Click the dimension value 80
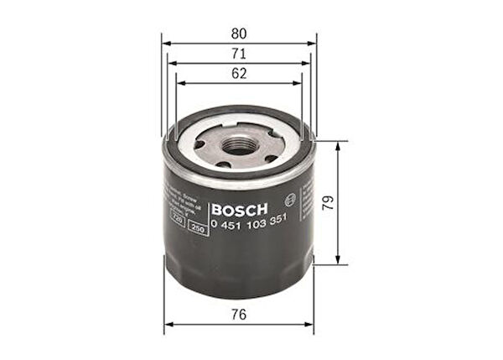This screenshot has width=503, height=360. (239, 34)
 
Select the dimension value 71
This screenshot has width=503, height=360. (239, 54)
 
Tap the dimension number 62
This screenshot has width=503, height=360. (239, 74)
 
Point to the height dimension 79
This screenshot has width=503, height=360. (351, 202)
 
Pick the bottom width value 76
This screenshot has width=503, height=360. (239, 315)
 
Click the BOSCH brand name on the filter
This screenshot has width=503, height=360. (240, 209)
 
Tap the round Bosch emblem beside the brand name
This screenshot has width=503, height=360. (289, 200)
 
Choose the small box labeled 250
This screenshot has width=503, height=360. (199, 229)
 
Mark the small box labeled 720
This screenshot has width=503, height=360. (178, 218)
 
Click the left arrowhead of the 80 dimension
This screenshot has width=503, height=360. (165, 44)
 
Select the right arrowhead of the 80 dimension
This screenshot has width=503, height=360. (313, 44)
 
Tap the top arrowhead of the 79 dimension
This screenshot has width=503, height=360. (338, 144)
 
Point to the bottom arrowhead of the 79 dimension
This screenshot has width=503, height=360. (338, 261)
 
